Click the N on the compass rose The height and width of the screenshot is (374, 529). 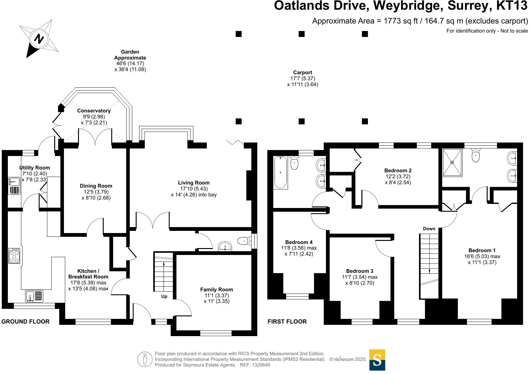(39, 39)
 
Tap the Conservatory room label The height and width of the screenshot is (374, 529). (94, 111)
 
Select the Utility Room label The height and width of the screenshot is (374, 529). (34, 168)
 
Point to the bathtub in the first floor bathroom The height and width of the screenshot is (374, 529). (280, 172)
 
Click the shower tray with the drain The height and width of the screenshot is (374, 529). (452, 162)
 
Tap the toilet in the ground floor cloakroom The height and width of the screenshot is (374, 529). (244, 241)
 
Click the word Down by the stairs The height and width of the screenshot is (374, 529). (429, 229)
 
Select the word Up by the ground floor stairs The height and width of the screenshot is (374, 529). (164, 296)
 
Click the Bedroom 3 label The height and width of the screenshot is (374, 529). (359, 271)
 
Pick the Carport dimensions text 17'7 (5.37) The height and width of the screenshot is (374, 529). (302, 79)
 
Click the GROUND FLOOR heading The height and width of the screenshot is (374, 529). (25, 322)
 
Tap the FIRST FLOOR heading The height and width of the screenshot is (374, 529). (287, 322)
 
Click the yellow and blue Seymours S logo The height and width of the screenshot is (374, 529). (377, 360)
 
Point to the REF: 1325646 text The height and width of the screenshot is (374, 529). (254, 365)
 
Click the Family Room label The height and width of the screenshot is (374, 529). (217, 290)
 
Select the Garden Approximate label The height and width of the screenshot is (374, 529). (130, 55)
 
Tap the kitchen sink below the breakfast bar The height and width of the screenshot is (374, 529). (34, 296)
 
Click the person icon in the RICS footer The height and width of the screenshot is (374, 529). (145, 359)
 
